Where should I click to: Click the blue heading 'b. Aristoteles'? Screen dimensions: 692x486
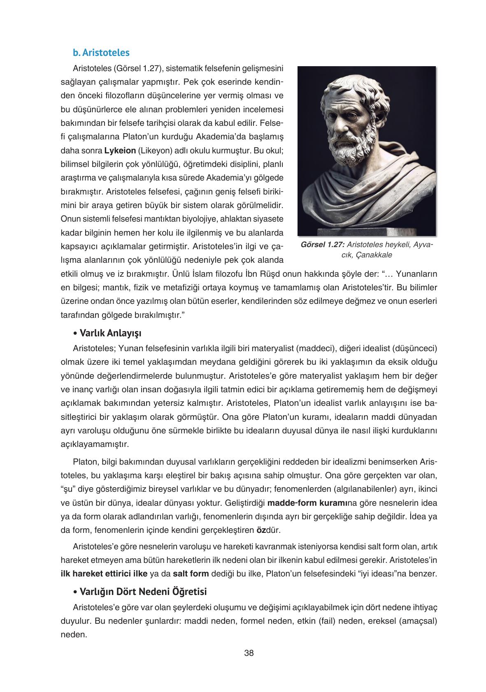(x=101, y=53)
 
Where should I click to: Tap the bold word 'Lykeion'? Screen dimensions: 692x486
(x=120, y=150)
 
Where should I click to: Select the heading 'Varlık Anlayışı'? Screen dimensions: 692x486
(x=110, y=332)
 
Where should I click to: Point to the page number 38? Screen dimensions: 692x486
(x=249, y=653)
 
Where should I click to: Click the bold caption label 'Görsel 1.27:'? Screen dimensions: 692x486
(x=322, y=245)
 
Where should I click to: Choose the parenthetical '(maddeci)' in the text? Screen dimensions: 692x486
(x=314, y=348)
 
